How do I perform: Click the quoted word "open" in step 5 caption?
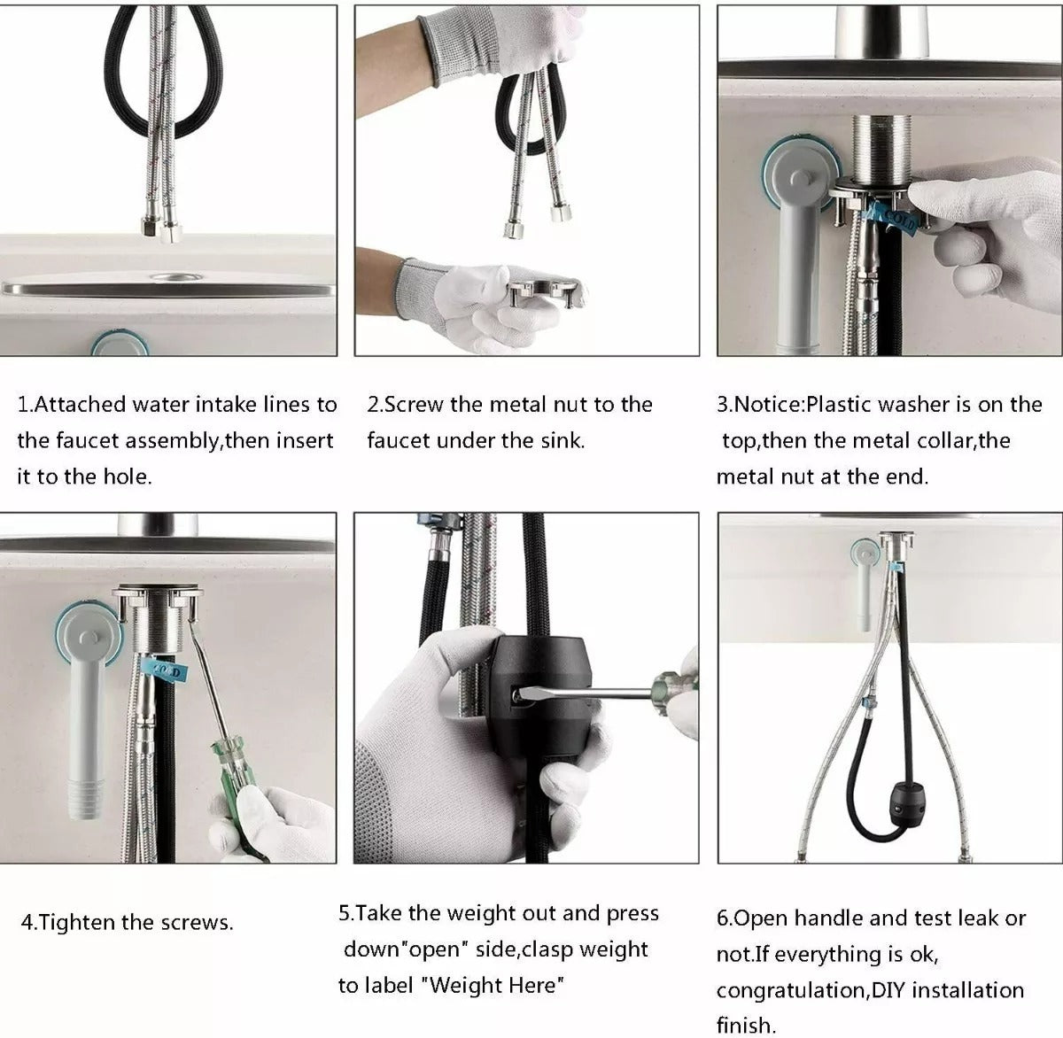(431, 949)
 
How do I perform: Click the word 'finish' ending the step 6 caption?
(744, 1026)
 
